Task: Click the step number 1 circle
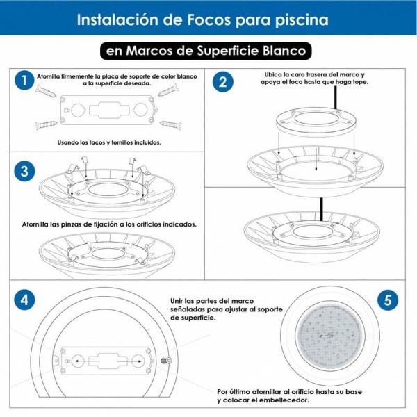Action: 24,81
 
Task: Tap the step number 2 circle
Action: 222,81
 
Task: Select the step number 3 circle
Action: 24,172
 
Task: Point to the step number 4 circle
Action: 24,300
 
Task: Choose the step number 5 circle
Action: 387,300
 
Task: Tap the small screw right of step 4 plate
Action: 166,360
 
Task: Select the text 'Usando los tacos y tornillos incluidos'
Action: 110,142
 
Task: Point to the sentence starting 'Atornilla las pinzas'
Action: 108,224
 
